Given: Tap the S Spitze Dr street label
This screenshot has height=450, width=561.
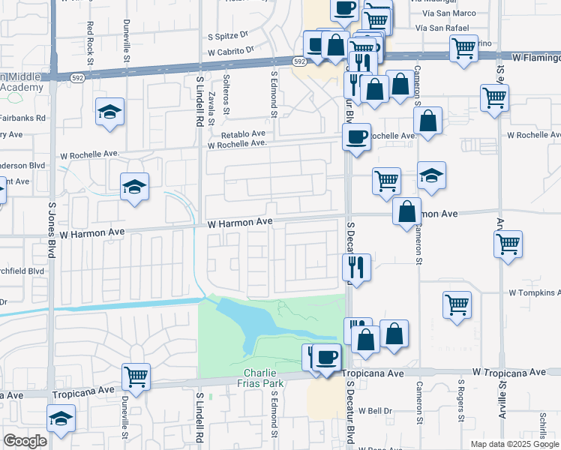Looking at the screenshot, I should tap(222, 34).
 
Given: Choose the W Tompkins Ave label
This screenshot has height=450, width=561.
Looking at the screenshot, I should tap(534, 292).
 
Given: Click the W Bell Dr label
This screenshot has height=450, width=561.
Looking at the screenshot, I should tap(375, 411).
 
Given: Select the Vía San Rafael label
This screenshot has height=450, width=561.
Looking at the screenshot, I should tap(446, 28).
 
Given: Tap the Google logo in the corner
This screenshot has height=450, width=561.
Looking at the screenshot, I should tap(25, 441).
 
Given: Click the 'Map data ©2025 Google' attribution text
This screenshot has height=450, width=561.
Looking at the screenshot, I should tap(514, 444).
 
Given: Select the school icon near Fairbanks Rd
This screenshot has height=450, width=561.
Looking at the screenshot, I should tap(109, 112).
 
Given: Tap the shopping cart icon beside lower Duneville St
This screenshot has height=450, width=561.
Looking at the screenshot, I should tap(136, 376).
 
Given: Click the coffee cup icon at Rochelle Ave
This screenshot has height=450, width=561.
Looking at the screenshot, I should tap(356, 136).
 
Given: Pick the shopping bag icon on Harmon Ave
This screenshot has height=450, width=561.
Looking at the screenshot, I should tap(406, 211).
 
